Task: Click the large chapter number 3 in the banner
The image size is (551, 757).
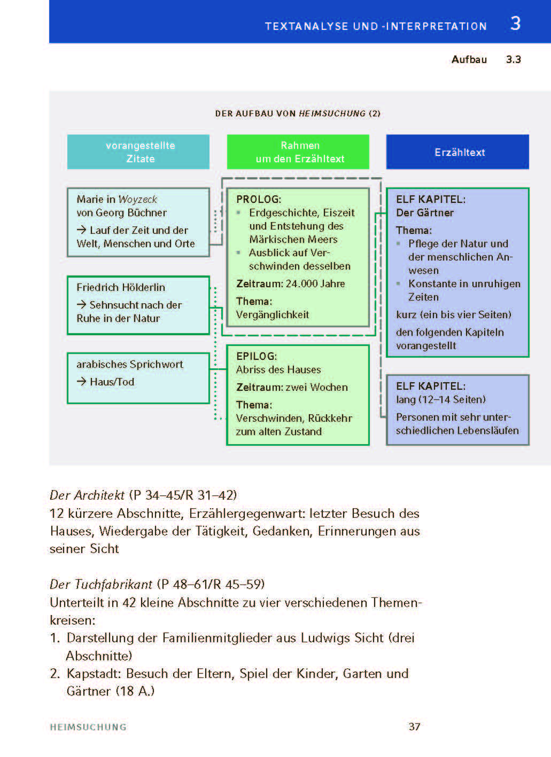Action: click(515, 23)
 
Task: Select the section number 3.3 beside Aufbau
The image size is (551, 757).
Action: click(513, 59)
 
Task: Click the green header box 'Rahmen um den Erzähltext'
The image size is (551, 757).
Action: click(298, 152)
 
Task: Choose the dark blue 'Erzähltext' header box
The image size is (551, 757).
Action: click(457, 152)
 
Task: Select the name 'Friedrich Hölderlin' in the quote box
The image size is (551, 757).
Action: click(121, 287)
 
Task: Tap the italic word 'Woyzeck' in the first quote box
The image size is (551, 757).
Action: click(138, 199)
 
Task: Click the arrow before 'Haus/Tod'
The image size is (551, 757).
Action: click(81, 382)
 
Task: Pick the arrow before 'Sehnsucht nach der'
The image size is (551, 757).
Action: click(81, 305)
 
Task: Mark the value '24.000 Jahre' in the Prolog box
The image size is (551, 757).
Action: click(315, 283)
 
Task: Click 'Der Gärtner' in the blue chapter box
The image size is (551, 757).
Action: click(425, 212)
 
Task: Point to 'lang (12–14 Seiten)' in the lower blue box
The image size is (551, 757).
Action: click(441, 399)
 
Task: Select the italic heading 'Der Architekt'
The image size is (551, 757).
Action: click(87, 495)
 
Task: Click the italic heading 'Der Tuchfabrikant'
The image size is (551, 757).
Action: click(101, 584)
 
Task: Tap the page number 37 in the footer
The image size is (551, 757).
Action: click(414, 727)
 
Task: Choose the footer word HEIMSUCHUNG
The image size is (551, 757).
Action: click(88, 727)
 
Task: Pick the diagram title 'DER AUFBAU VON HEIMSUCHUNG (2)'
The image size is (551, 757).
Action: click(298, 113)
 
